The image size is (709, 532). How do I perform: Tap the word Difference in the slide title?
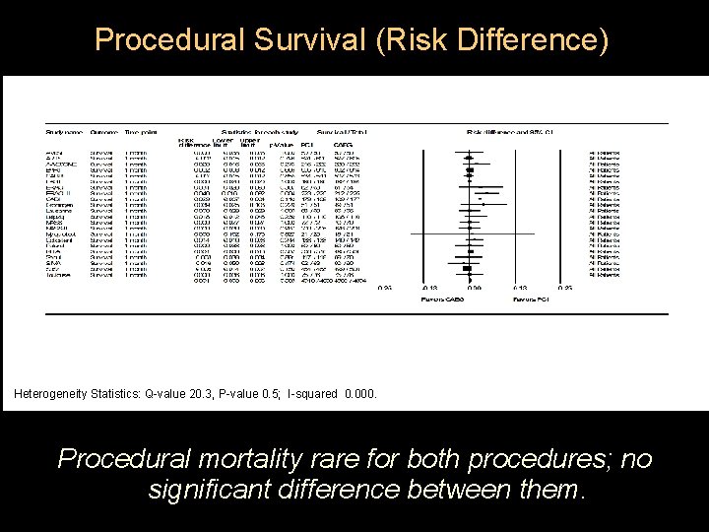tap(514, 40)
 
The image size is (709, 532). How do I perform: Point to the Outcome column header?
tap(104, 132)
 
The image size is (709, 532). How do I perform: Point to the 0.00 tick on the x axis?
tap(474, 287)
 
